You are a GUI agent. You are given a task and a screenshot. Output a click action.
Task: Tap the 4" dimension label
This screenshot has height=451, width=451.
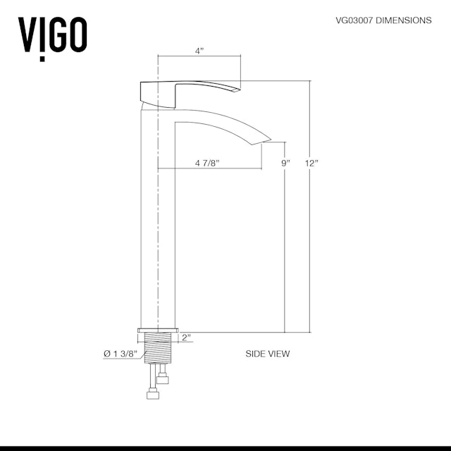click(x=199, y=51)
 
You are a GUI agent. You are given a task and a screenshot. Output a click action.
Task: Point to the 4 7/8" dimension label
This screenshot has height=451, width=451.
click(x=207, y=163)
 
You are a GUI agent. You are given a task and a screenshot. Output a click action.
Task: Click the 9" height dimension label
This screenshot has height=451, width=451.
click(x=285, y=163)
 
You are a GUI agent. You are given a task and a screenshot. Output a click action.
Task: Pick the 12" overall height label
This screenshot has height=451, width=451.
click(x=312, y=163)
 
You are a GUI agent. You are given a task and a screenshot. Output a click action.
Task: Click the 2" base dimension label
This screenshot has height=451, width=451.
click(x=186, y=338)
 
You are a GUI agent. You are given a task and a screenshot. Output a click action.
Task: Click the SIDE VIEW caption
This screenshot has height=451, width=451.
click(x=267, y=354)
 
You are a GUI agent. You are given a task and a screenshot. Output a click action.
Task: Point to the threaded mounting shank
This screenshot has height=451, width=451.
click(x=159, y=350)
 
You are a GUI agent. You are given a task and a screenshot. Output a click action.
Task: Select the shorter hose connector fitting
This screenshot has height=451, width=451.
click(x=163, y=380)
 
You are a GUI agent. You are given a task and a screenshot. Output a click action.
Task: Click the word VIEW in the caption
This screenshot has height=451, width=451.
click(x=278, y=354)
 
